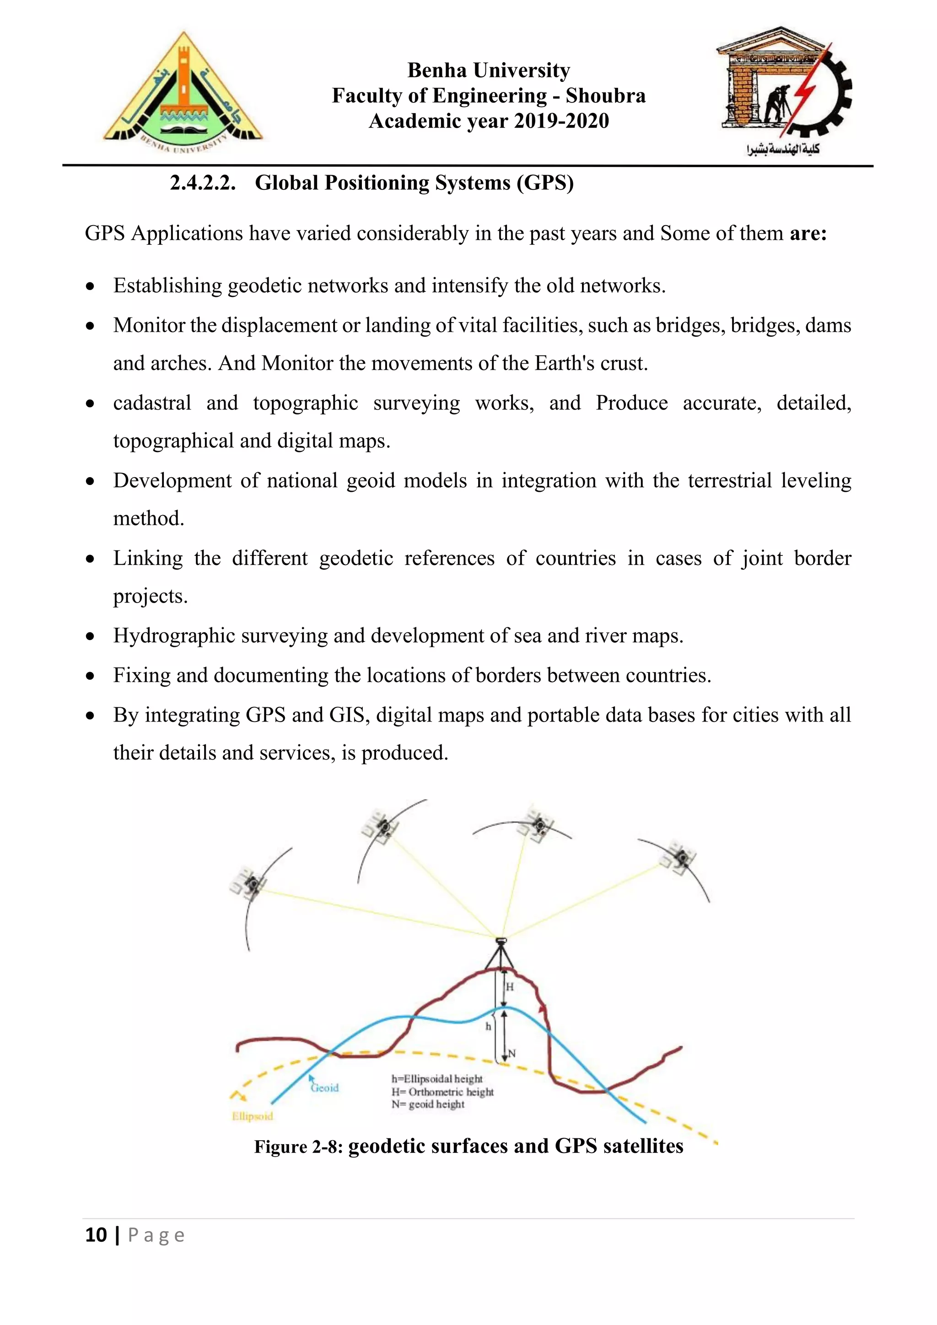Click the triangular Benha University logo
point(183,92)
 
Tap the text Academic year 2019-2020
point(489,121)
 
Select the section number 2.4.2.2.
point(203,183)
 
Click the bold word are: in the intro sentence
point(808,234)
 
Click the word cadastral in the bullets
point(152,403)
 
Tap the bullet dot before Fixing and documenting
point(90,676)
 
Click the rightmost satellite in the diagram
point(680,856)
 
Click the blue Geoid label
point(325,1088)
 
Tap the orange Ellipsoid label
point(252,1116)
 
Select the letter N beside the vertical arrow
point(512,1053)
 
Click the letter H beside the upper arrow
point(510,987)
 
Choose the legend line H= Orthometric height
point(442,1091)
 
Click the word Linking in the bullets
point(148,559)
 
